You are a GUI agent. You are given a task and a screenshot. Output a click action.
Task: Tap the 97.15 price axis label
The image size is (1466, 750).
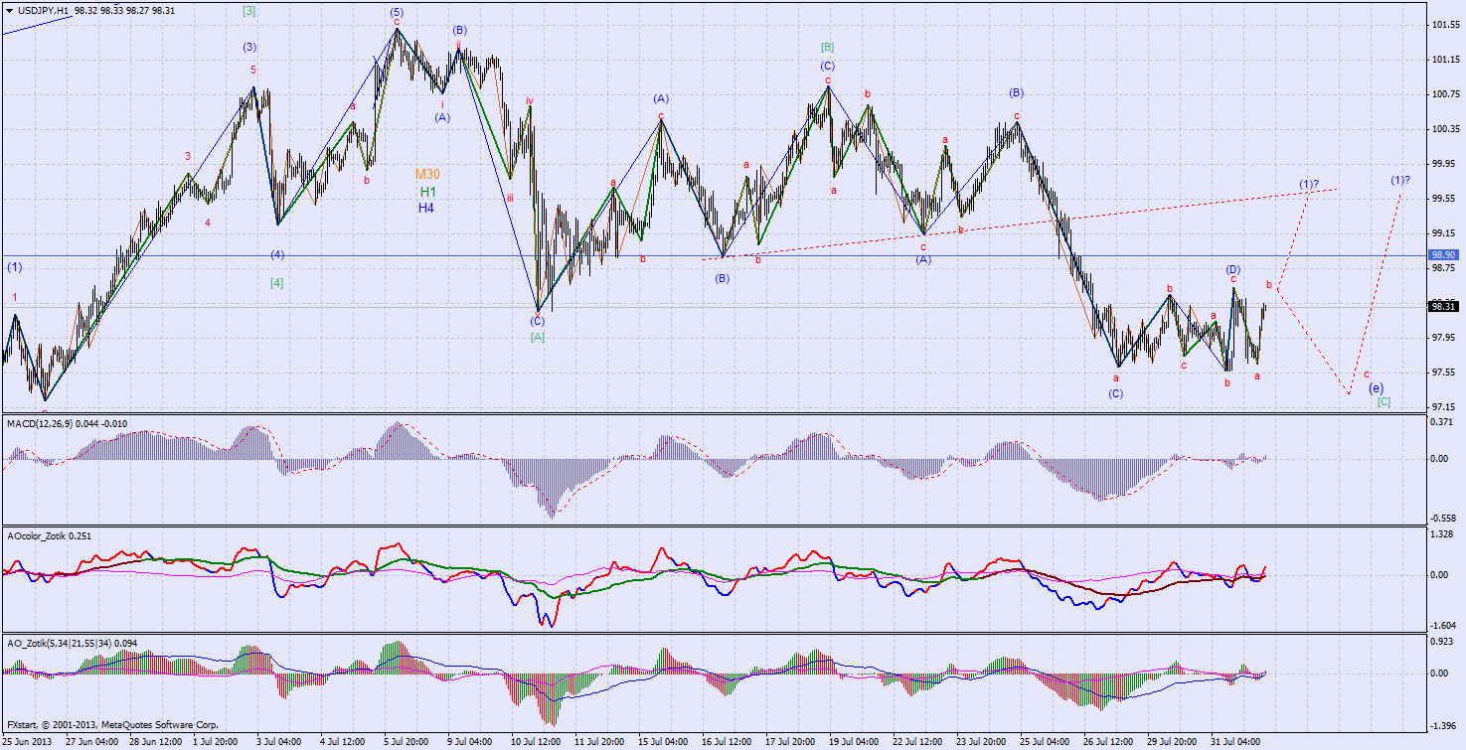[x=1441, y=407]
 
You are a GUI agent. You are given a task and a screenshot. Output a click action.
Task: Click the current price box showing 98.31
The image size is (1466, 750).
[x=1442, y=307]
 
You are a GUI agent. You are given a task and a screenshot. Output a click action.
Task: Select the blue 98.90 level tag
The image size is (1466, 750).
[x=1442, y=255]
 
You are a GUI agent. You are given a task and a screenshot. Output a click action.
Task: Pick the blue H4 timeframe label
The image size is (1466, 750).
[x=425, y=208]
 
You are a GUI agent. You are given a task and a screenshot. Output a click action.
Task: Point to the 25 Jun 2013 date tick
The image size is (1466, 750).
[x=28, y=742]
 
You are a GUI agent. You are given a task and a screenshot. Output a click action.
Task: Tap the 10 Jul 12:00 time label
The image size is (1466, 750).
[x=536, y=742]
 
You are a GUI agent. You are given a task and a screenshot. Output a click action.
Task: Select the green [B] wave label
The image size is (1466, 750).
[x=827, y=47]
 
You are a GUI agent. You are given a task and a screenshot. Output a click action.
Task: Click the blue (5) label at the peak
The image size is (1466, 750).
[x=397, y=11]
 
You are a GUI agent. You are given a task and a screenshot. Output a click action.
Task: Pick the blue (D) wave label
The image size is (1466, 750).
[x=1232, y=269]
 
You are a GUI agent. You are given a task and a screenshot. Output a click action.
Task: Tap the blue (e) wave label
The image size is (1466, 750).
[x=1376, y=387]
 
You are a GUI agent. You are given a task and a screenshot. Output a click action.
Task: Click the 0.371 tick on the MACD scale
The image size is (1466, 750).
[x=1439, y=422]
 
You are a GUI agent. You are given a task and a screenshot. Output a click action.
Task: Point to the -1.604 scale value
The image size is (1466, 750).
[x=1439, y=626]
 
